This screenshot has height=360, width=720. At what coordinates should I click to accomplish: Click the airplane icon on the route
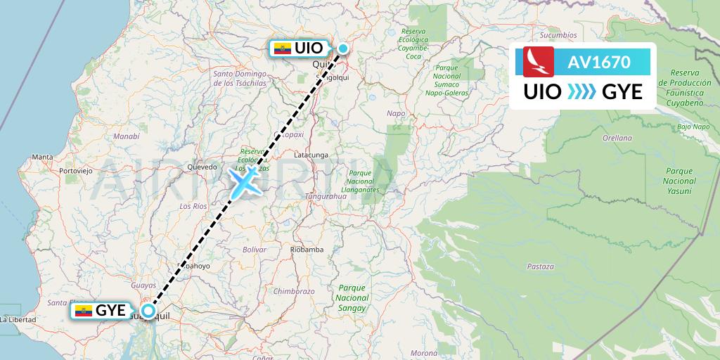click(243, 182)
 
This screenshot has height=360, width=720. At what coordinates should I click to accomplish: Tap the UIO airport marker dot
click(342, 49)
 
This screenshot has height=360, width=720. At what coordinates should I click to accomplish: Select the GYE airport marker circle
click(148, 310)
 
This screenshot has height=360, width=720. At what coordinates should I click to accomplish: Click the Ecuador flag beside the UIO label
click(282, 49)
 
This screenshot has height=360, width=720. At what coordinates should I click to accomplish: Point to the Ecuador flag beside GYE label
click(84, 311)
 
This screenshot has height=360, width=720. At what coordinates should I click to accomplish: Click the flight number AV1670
click(599, 63)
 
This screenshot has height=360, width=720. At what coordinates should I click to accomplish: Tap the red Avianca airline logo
click(539, 61)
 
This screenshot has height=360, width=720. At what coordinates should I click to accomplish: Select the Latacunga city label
click(311, 154)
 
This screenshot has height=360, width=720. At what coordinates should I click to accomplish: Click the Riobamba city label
click(307, 250)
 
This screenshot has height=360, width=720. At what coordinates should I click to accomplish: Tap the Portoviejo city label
click(77, 171)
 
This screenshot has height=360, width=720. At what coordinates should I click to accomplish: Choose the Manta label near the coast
click(42, 157)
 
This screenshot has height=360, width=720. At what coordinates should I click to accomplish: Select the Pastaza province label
click(539, 266)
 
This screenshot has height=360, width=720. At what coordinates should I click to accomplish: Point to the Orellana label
click(618, 138)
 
